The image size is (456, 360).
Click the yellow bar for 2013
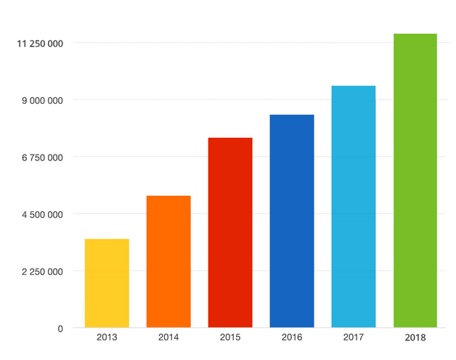107,283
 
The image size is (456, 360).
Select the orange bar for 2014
168,261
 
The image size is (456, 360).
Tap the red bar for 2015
230,232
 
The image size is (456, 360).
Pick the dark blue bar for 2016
292,221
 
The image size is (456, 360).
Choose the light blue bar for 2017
354,206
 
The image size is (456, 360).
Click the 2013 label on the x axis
107,337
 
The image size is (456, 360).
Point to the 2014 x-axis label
168,337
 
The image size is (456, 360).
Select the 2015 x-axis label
230,337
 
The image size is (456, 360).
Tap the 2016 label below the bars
292,337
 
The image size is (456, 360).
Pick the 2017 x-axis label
354,337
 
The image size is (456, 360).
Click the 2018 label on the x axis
415,338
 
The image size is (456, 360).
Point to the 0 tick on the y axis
60,329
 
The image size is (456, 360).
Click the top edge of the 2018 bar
415,34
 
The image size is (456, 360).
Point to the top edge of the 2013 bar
107,240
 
